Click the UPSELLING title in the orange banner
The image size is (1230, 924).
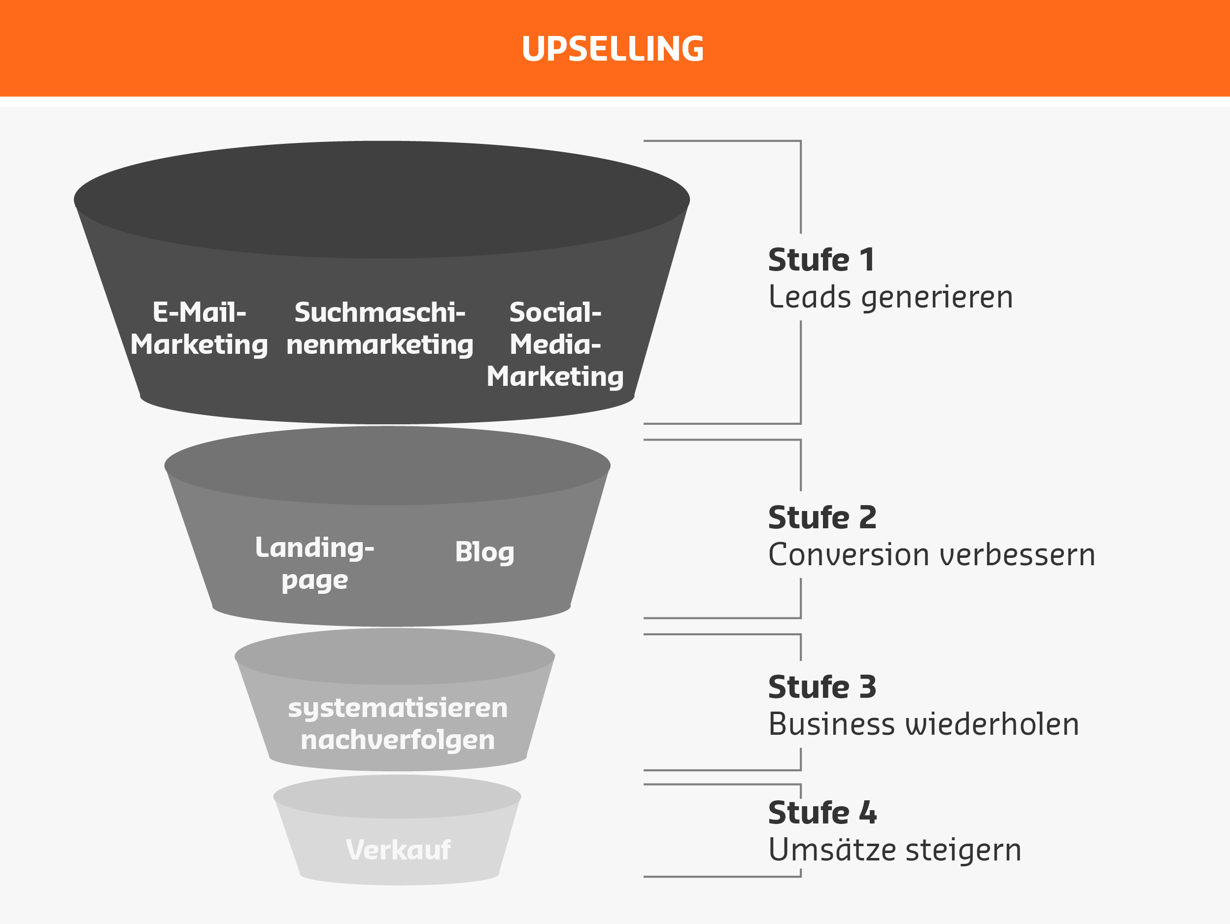point(613,49)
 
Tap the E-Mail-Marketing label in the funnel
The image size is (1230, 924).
point(199,329)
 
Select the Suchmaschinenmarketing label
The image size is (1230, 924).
point(380,329)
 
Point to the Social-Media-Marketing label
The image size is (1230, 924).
point(555,344)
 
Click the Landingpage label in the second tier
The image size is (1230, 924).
point(315,564)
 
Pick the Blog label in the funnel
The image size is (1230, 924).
point(484,552)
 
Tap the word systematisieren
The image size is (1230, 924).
point(398,708)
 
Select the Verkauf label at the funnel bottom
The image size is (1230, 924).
point(398,850)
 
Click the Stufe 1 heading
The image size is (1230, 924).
point(821,260)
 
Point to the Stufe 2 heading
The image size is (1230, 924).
point(822,518)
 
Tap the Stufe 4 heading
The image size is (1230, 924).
point(822,813)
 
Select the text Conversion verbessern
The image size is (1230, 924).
point(932,555)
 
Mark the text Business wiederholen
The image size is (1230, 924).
point(923,725)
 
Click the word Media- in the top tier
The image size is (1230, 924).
point(555,344)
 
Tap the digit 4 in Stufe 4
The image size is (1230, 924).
point(868,813)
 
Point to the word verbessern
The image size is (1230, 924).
point(1018,555)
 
